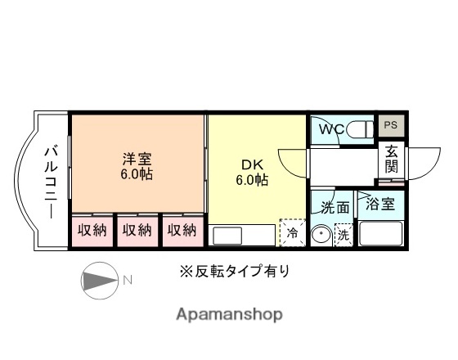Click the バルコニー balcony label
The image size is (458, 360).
49,181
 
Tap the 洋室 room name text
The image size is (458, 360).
137,158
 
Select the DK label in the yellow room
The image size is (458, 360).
252,164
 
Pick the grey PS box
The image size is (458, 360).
390,125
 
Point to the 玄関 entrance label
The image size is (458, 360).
392,159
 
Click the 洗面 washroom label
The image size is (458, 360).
335,207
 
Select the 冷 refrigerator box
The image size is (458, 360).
292,234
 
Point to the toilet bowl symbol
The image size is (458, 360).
358,129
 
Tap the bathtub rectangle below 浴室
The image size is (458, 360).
380,235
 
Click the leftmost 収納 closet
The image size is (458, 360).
92,231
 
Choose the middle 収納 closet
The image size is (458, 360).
137,231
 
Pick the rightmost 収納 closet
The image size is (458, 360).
182,231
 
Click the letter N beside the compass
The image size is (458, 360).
128,280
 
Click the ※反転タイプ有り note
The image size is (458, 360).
235,270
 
